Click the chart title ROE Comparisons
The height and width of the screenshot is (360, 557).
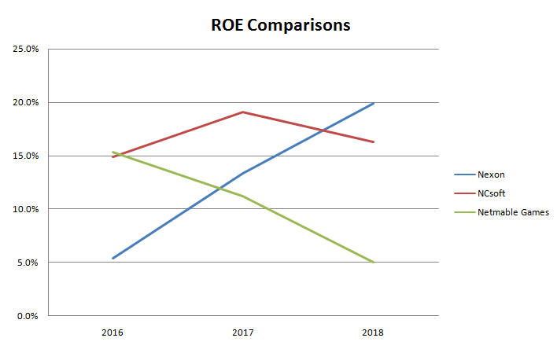click(280, 24)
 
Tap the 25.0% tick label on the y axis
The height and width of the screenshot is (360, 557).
click(25, 49)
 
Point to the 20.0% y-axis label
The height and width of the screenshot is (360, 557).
click(25, 102)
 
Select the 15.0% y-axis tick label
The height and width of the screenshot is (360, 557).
click(25, 156)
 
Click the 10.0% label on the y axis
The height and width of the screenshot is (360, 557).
click(25, 209)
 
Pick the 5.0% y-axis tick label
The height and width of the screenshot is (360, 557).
click(28, 263)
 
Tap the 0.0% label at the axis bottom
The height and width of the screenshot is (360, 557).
click(28, 316)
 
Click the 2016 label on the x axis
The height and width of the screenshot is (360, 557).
click(113, 332)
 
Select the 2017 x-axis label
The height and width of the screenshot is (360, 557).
click(243, 332)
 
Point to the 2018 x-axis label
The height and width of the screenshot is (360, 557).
click(373, 332)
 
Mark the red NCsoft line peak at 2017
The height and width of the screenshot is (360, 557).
click(243, 112)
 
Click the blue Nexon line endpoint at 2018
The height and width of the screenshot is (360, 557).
click(374, 103)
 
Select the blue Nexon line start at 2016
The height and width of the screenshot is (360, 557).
click(113, 258)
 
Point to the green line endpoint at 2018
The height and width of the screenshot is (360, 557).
click(374, 263)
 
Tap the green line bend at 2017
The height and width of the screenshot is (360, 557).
click(243, 196)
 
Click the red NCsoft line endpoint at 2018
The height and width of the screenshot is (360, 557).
click(374, 142)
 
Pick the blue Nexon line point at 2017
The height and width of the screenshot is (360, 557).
click(243, 173)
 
